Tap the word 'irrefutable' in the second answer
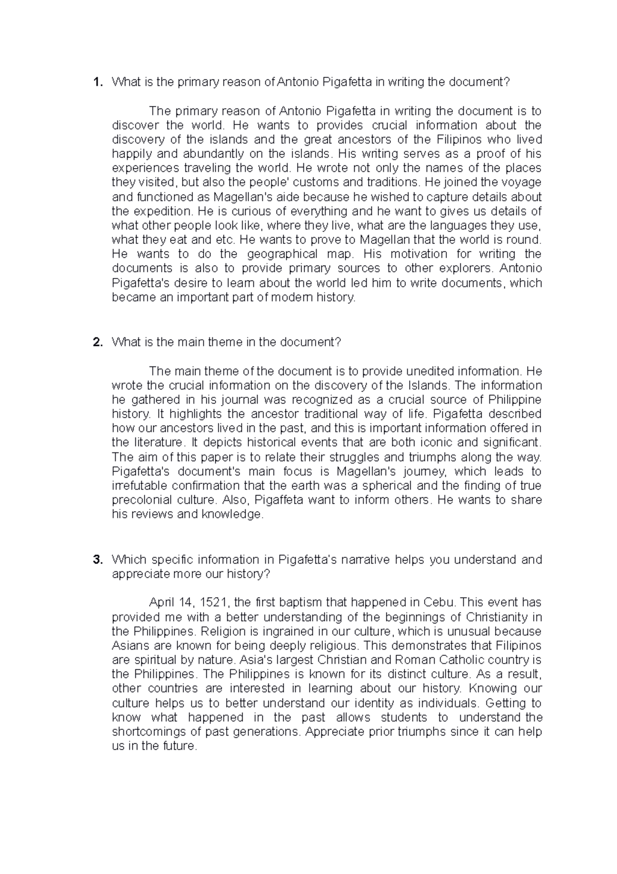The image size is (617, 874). pos(139,486)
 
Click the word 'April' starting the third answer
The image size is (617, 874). pos(161,602)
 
